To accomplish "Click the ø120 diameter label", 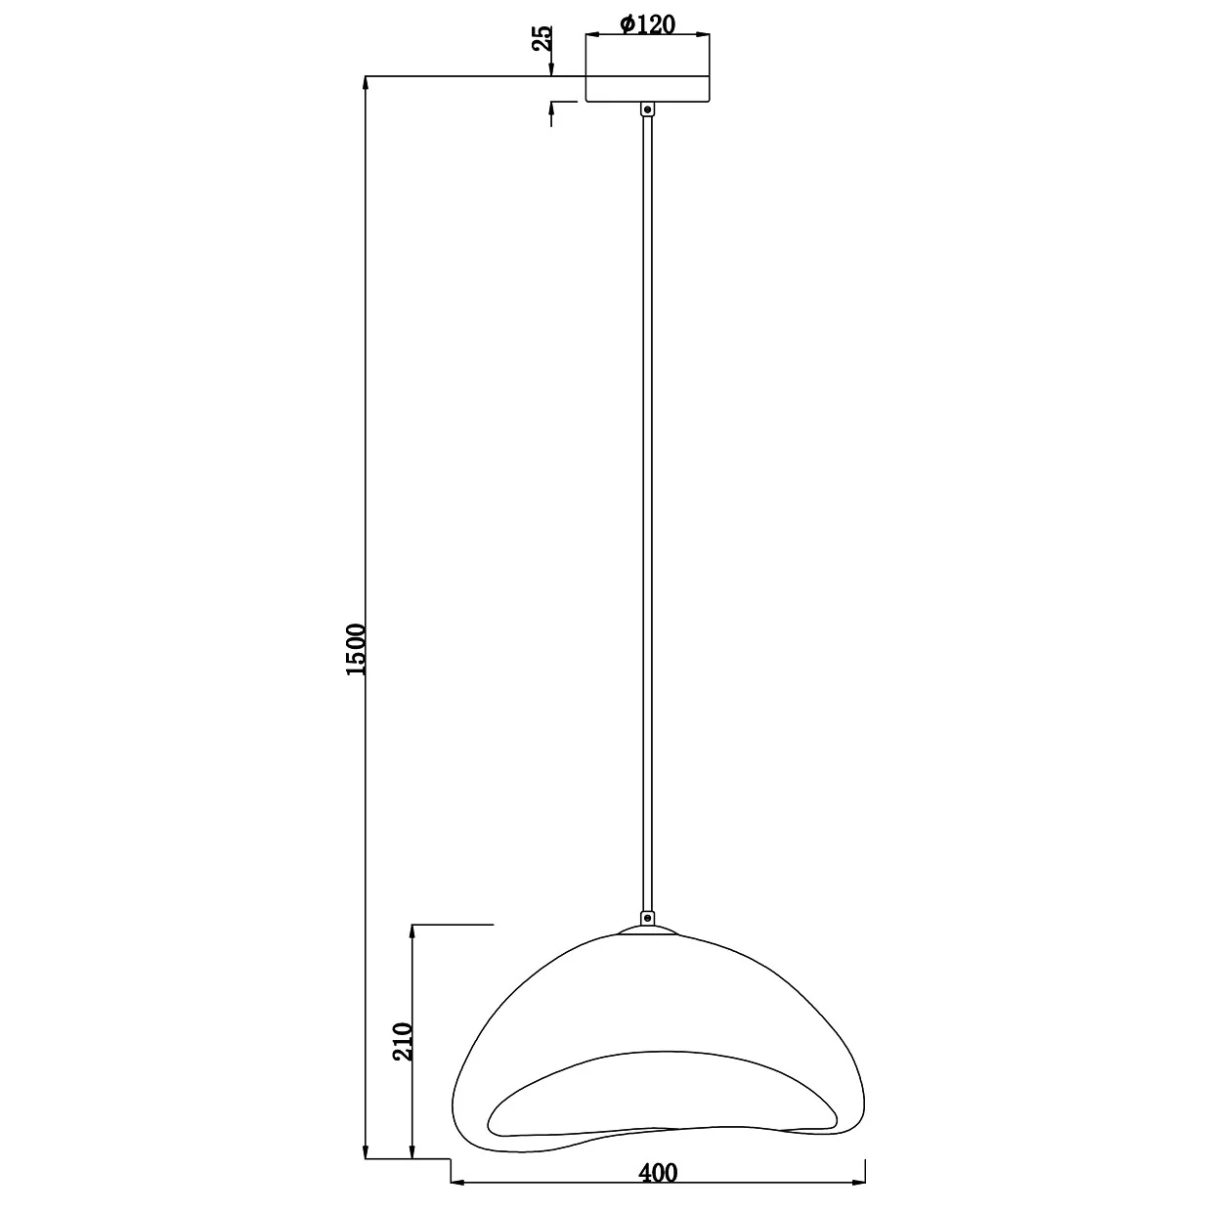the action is click(x=647, y=24).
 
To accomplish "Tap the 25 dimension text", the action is click(x=542, y=38).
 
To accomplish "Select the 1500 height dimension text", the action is click(x=356, y=650).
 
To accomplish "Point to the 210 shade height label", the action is click(x=403, y=1042).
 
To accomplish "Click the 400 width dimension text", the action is click(x=658, y=1173).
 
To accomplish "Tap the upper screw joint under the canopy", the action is click(x=647, y=109).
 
